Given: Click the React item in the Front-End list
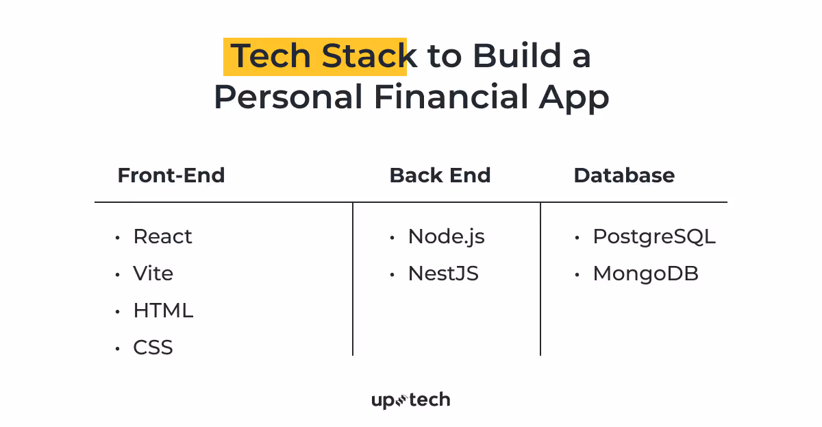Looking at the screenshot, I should [162, 236].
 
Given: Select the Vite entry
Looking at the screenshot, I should [153, 273].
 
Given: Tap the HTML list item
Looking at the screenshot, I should [163, 310].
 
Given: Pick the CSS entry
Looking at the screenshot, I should [153, 347].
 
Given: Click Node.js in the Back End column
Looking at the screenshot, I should [446, 236].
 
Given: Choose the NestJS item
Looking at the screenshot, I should [443, 273].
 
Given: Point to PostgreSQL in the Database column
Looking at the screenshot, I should [653, 236].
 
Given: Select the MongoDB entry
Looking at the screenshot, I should [645, 273].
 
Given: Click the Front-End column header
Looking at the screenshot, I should [171, 175].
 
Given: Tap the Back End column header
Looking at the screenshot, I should [440, 175].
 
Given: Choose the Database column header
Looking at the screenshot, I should [624, 175].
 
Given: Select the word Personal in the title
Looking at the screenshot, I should [288, 97].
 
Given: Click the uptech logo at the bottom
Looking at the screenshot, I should [411, 400].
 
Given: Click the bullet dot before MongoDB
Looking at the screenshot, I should [577, 275].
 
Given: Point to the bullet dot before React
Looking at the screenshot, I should [118, 238].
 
